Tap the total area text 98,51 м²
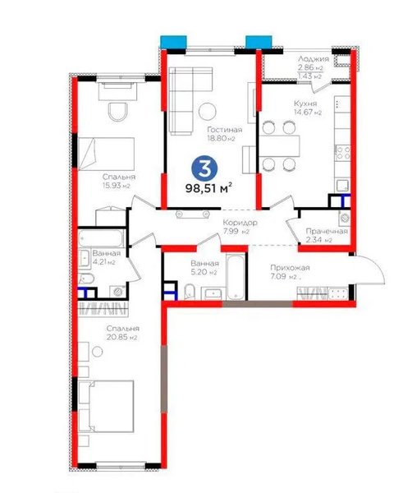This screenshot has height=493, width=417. coord(209,188)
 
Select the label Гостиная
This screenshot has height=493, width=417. coord(225,130)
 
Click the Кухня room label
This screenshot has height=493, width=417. coord(305,104)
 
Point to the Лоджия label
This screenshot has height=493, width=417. coord(314,59)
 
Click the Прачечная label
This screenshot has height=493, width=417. coord(327,232)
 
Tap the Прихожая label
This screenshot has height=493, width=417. coord(290,268)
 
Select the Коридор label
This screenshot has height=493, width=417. coord(241,223)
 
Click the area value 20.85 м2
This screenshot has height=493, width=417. coord(121,338)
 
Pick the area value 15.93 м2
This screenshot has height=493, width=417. coord(117,186)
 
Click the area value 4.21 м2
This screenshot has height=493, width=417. coord(103,262)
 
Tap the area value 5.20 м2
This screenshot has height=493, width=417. coord(204,272)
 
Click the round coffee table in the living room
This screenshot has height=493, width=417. coord(208,111)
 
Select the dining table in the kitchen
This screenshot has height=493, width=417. coord(279,145)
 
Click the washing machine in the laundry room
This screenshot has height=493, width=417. coord(345,218)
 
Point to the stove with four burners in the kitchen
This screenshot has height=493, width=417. coord(342,153)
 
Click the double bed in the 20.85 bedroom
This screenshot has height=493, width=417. coord(106,406)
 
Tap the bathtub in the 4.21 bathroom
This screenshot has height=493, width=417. coord(101,238)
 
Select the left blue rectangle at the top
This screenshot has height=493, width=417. coord(173,42)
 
